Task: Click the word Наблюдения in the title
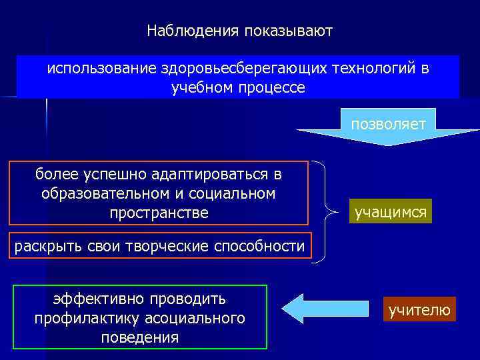click(193, 31)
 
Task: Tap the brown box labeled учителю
click(419, 310)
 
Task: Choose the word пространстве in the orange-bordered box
click(159, 213)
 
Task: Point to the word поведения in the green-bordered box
click(140, 337)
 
